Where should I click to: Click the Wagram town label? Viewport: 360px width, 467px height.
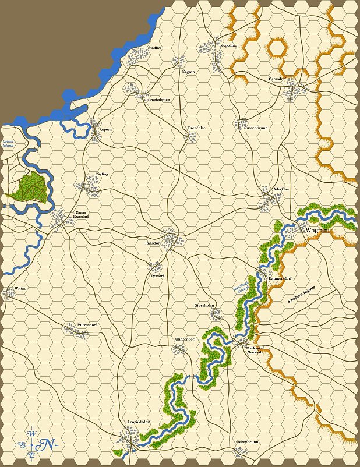tap(317, 230)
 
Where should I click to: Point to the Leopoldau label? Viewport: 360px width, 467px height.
tap(228, 45)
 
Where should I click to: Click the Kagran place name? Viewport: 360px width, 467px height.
tap(188, 72)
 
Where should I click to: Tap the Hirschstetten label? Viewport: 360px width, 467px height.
tap(158, 100)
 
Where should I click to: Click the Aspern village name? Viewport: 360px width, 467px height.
tap(105, 129)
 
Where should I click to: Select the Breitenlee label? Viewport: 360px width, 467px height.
tap(196, 128)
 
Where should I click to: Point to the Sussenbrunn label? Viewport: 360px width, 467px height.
tap(256, 127)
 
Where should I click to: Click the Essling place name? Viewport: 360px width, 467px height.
tap(101, 174)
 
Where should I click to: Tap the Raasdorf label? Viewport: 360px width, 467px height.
tap(152, 242)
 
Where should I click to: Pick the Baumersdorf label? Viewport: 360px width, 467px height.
tap(280, 278)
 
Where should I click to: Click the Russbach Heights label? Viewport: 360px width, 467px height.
tap(301, 296)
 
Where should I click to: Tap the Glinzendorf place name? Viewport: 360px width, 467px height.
tap(185, 339)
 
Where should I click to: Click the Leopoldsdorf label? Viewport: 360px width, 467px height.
tap(139, 421)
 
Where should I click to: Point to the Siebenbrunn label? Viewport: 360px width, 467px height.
tap(247, 442)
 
